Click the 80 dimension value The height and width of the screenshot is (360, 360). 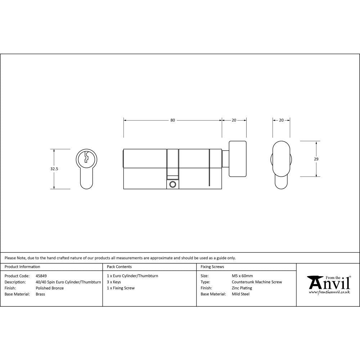[x=173, y=120]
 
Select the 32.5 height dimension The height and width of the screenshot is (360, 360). [x=54, y=168]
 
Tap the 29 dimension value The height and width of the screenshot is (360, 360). [x=316, y=159]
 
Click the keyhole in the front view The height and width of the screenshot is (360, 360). [x=86, y=157]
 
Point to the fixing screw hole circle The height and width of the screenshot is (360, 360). [x=173, y=184]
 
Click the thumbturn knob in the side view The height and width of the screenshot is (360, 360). [x=238, y=159]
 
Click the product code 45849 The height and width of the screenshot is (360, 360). [x=41, y=276]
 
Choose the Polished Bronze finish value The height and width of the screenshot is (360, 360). [x=50, y=288]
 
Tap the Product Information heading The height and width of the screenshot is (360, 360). [x=22, y=267]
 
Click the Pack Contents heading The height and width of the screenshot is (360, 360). [x=119, y=267]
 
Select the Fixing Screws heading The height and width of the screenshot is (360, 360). [x=212, y=267]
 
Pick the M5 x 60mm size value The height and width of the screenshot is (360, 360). [x=242, y=276]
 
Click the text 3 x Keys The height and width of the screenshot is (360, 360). [x=114, y=282]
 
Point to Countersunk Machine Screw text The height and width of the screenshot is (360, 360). [x=257, y=282]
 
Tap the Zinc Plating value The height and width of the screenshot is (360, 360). [x=242, y=288]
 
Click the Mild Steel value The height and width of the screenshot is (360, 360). [x=240, y=294]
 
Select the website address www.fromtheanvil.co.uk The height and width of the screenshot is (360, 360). [x=329, y=292]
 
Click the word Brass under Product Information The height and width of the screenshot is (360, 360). [x=40, y=294]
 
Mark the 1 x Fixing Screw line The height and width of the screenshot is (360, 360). [x=121, y=288]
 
